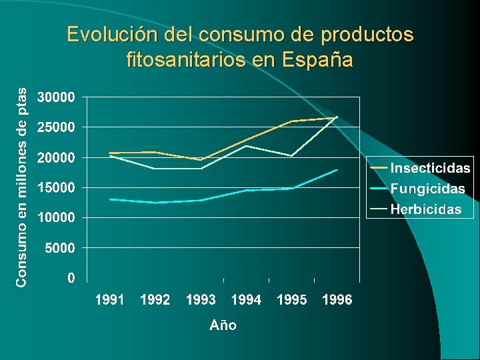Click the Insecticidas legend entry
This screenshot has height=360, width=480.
point(430,168)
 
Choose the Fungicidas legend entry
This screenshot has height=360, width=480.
point(427,189)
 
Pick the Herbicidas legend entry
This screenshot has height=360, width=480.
point(425,209)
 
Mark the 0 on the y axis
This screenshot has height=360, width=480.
point(71,278)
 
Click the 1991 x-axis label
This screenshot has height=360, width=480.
point(110,301)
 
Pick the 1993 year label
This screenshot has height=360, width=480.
point(201,301)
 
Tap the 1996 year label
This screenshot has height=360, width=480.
point(337,301)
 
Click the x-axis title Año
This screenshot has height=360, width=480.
point(223,325)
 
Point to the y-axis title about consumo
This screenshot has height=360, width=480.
point(22,187)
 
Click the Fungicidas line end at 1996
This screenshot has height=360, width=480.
point(337,170)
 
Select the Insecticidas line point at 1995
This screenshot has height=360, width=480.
point(292,121)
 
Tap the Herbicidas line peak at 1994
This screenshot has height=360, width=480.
point(246,145)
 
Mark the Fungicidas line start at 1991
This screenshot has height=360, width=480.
point(110,199)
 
